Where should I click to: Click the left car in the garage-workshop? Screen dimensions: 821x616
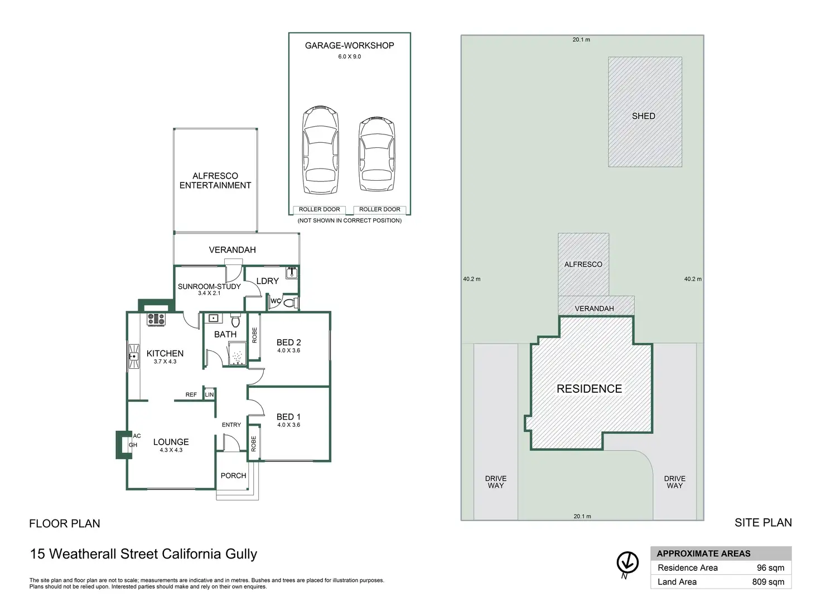pyautogui.click(x=320, y=150)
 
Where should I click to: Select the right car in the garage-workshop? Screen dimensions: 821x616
pyautogui.click(x=376, y=155)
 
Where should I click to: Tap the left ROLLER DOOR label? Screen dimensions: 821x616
pyautogui.click(x=319, y=210)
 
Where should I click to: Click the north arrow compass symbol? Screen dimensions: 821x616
pyautogui.click(x=627, y=562)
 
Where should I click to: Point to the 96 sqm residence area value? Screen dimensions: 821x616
pyautogui.click(x=770, y=568)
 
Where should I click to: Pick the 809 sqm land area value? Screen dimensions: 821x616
pyautogui.click(x=768, y=582)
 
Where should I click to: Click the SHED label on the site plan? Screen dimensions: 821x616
pyautogui.click(x=643, y=116)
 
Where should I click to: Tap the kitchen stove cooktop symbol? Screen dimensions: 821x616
pyautogui.click(x=156, y=320)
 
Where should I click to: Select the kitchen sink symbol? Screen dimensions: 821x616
pyautogui.click(x=134, y=356)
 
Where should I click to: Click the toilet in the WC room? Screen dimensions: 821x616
pyautogui.click(x=288, y=303)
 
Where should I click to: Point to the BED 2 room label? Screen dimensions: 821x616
pyautogui.click(x=288, y=343)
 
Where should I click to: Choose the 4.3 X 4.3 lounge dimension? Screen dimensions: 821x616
pyautogui.click(x=171, y=450)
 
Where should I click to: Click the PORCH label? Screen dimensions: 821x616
pyautogui.click(x=233, y=476)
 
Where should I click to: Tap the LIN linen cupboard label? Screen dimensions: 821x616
pyautogui.click(x=209, y=394)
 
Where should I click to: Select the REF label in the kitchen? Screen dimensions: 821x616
pyautogui.click(x=191, y=394)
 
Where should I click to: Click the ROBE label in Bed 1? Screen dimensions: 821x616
pyautogui.click(x=254, y=444)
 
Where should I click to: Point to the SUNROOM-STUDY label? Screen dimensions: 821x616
pyautogui.click(x=209, y=286)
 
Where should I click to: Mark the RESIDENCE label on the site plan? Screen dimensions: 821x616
pyautogui.click(x=589, y=389)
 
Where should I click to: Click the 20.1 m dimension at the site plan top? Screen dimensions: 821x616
pyautogui.click(x=581, y=40)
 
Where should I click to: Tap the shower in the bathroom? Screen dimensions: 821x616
pyautogui.click(x=237, y=355)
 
